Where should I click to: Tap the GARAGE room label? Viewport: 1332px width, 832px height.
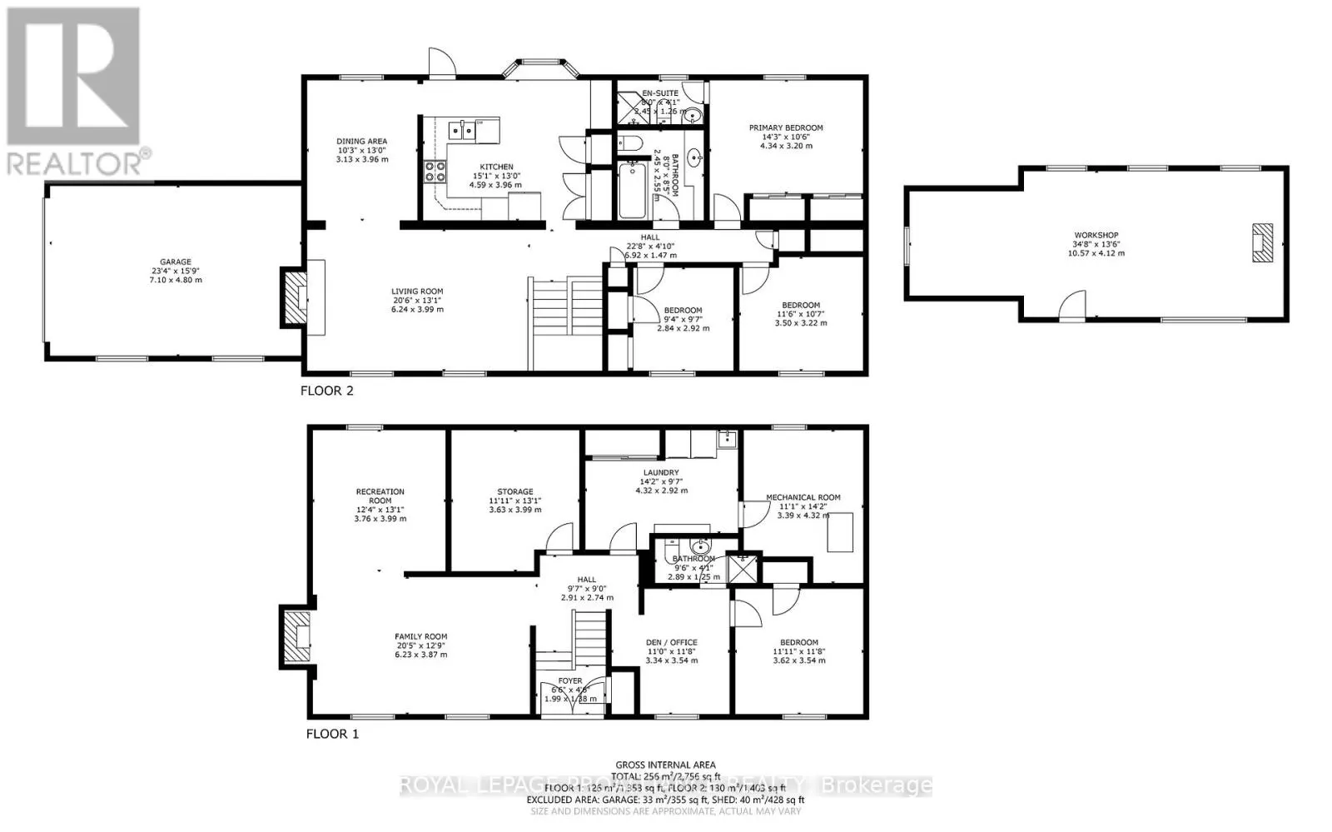click(176, 262)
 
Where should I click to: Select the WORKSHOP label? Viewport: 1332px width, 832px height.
click(1096, 236)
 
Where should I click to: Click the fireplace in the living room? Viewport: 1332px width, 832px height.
click(295, 297)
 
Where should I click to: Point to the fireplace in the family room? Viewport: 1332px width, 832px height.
click(296, 638)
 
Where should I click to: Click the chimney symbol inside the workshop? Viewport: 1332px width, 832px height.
click(1263, 242)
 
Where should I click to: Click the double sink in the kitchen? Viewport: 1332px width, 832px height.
click(462, 129)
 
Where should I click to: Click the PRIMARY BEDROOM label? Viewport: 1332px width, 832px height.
click(786, 128)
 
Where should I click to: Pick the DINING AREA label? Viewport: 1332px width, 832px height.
click(361, 142)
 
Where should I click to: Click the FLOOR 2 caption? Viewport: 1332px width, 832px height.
click(326, 391)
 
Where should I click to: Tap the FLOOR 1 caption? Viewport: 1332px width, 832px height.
click(332, 734)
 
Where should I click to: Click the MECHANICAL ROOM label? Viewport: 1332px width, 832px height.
click(803, 498)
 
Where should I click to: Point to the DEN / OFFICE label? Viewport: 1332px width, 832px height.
click(671, 642)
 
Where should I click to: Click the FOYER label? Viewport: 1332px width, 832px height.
click(570, 681)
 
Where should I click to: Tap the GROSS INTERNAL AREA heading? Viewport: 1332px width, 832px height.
click(665, 765)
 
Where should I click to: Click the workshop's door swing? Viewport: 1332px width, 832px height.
click(1074, 305)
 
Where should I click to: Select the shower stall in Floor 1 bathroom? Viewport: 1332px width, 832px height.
click(739, 569)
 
